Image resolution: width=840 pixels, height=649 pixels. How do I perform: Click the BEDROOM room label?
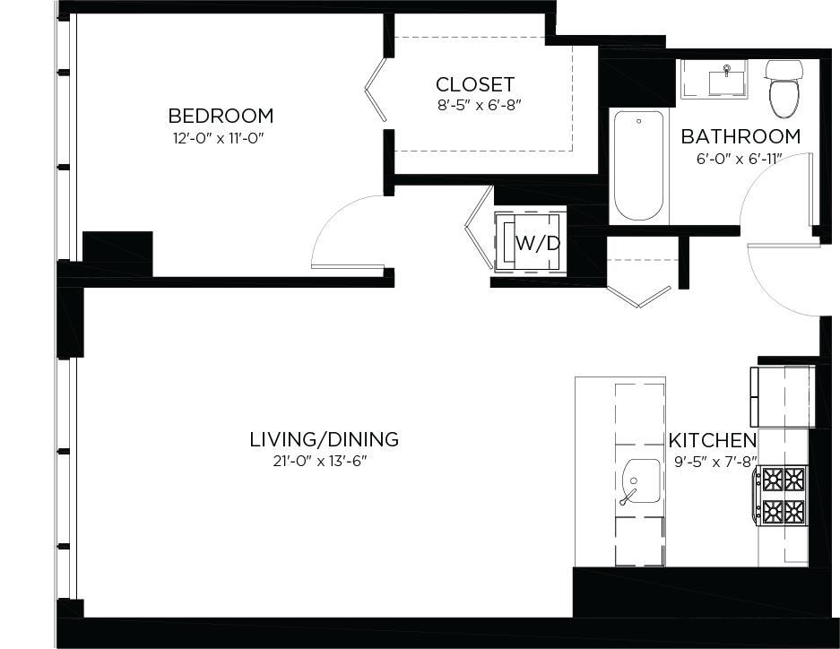[221, 116]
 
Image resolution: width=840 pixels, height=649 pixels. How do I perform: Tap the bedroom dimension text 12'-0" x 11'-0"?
[221, 138]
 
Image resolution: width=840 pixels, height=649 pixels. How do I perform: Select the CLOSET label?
[475, 85]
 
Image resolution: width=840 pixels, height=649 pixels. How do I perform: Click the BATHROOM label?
[740, 137]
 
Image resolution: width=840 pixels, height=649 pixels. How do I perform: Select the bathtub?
[638, 166]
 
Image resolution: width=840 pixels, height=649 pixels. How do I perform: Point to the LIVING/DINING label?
[324, 440]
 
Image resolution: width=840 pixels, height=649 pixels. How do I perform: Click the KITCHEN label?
[713, 441]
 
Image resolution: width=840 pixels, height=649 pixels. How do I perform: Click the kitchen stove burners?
[783, 496]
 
